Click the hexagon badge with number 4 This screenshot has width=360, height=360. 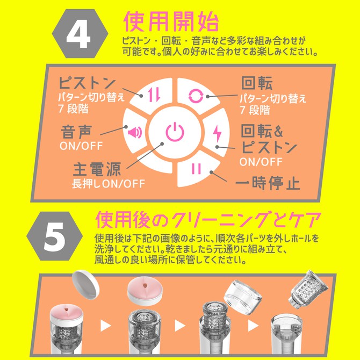(77, 33)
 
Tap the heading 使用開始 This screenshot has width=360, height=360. (171, 22)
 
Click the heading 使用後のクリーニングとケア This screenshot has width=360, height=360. (208, 219)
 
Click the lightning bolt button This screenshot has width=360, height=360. (217, 132)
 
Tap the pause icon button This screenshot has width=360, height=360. (196, 168)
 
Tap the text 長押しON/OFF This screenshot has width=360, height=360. (109, 183)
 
